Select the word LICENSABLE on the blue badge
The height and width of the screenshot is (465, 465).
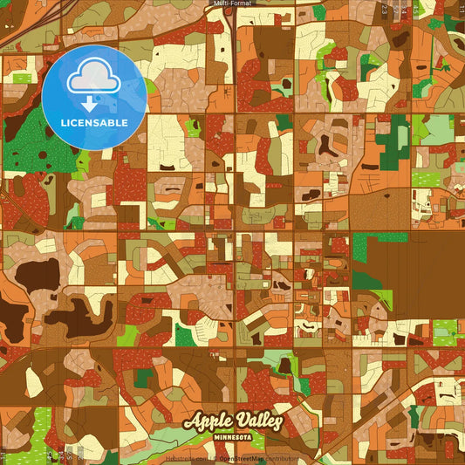tap(92, 123)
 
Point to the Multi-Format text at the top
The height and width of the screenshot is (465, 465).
tap(232, 3)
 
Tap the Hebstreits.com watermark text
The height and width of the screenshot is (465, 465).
tap(185, 458)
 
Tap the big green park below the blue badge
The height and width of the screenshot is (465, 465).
tap(35, 148)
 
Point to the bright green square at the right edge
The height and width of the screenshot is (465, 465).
tap(445, 330)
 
